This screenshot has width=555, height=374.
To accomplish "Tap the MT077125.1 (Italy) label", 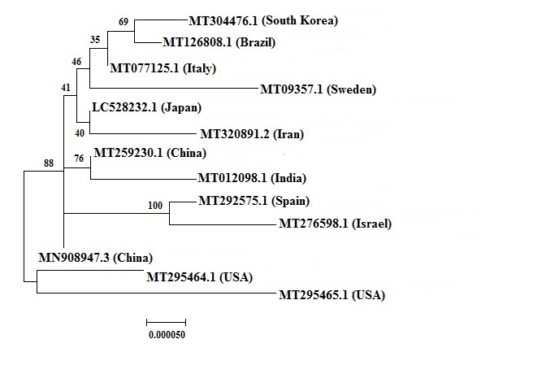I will pos(163,68).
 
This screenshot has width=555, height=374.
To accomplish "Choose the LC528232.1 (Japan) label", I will pos(146,107).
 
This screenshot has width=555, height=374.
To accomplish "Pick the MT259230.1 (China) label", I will pos(150,153).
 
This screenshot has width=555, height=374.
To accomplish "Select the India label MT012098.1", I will pos(254,178).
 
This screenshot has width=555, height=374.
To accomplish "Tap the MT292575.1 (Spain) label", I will pos(254,201).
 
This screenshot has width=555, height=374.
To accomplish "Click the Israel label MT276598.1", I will pos(336,223).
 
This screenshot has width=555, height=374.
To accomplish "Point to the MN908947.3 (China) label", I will pos(95,259).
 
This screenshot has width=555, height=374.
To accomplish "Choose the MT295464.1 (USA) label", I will pos(199,278).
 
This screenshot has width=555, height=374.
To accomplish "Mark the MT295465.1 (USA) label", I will pos(332,295).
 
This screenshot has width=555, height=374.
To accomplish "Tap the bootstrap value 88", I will pos(49,163).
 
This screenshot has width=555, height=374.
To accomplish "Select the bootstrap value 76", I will pos(80,159).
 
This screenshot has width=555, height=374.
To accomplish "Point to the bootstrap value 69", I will pos(124,20).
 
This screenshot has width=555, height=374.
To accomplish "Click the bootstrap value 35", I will pos(95,39).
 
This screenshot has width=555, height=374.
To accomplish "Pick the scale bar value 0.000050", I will pos(167,333).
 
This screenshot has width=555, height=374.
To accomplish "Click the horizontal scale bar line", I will pos(166,320).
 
